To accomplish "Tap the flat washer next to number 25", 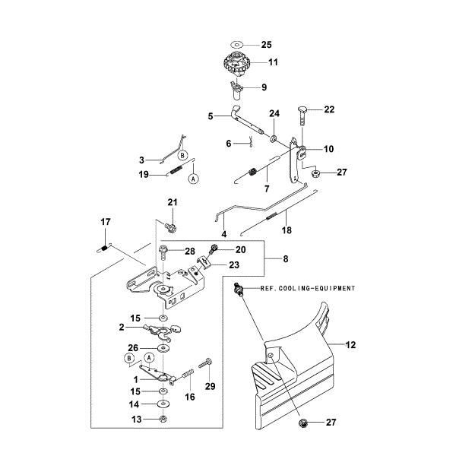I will point(237,45).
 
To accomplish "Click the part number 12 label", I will point(351,345).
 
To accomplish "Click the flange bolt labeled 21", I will point(170,227).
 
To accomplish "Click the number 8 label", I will point(285,259).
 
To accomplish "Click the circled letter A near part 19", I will point(193,179).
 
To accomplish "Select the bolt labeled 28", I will point(163,252).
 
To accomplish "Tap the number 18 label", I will point(287,229).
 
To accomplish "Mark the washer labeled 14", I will point(163,404).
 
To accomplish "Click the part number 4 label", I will point(224,234).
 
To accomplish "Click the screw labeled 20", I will point(215,249).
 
